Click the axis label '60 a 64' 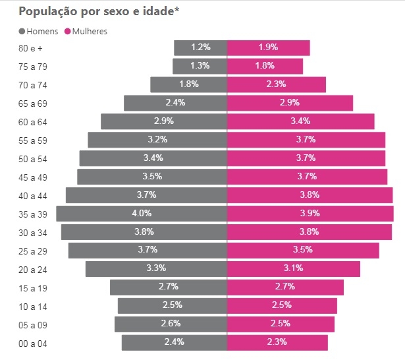[x=34, y=121]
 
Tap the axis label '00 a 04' [x=34, y=343]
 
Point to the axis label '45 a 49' [x=34, y=177]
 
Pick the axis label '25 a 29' [x=34, y=251]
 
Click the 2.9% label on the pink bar [x=290, y=102]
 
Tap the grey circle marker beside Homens [x=22, y=31]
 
